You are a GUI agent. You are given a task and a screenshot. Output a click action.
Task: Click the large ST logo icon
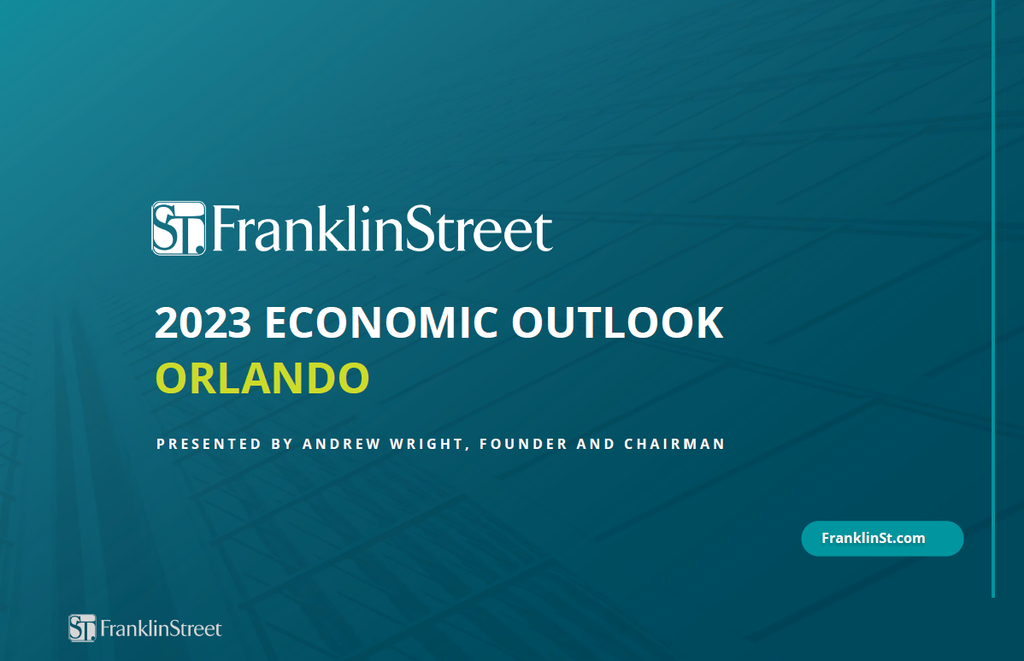(179, 228)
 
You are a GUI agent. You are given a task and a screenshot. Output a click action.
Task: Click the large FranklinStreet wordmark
(382, 228)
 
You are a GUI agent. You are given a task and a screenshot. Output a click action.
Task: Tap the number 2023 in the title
(203, 322)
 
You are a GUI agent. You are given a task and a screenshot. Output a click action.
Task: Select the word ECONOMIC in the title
(381, 322)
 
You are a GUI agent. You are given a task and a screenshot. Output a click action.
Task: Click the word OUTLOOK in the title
(617, 322)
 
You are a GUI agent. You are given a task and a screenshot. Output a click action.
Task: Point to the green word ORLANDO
(262, 378)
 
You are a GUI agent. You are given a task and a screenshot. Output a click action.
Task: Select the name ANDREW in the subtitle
(342, 444)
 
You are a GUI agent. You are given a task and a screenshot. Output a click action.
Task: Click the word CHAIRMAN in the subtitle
(674, 444)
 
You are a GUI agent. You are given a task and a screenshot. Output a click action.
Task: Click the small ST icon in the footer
(82, 629)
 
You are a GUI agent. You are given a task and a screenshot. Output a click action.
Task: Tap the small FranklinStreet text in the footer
(161, 629)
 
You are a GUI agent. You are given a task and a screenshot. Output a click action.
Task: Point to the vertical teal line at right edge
(993, 298)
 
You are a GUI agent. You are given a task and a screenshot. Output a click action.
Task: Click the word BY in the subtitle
(282, 444)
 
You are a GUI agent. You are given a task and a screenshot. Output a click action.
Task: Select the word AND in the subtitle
(596, 444)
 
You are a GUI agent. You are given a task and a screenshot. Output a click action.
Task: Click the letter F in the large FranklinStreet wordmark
(226, 228)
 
